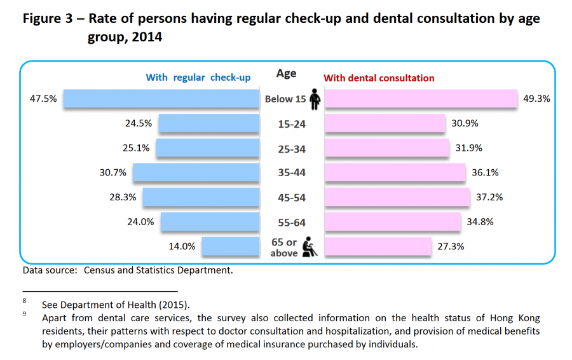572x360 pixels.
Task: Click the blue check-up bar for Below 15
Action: (x=161, y=99)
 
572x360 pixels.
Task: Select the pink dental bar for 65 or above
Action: (x=379, y=246)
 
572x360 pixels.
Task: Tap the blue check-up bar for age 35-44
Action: (x=196, y=172)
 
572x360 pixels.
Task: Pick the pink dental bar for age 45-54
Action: (x=398, y=197)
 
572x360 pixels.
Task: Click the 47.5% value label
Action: (x=43, y=99)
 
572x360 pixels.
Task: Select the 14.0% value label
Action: (x=182, y=246)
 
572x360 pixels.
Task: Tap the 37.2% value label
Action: (x=489, y=197)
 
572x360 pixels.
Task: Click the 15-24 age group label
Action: (x=292, y=124)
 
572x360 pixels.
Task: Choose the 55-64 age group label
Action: (x=292, y=222)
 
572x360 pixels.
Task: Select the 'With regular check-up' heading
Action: (x=198, y=78)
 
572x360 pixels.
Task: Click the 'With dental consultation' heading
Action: (x=379, y=78)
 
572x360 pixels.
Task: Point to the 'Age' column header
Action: (x=286, y=74)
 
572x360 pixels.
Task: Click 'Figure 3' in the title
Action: (x=51, y=18)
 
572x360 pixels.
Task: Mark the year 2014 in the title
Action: (x=146, y=38)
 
